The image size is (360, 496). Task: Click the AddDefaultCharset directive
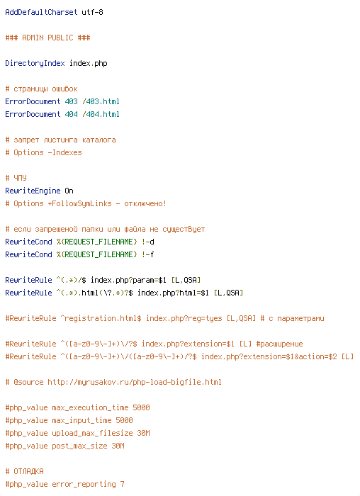point(41,12)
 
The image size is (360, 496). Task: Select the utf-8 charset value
point(92,12)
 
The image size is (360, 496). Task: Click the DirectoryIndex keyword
point(35,63)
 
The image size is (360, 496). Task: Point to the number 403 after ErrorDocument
point(71,101)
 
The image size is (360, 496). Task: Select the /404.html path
point(101,114)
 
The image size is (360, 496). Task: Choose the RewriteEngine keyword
point(33,191)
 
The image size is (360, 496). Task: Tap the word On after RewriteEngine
point(69,191)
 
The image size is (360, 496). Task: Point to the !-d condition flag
point(147,242)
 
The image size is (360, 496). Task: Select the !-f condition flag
point(147,254)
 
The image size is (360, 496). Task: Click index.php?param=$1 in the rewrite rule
point(128,280)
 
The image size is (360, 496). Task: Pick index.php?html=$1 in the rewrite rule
point(173,293)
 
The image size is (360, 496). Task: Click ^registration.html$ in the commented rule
point(101,318)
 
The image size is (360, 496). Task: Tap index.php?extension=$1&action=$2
point(269,356)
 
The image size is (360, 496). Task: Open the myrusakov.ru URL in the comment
point(135,382)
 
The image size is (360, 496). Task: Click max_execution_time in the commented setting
point(90,407)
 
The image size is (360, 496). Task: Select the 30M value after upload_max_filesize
point(143,433)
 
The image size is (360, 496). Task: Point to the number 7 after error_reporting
point(122,484)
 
